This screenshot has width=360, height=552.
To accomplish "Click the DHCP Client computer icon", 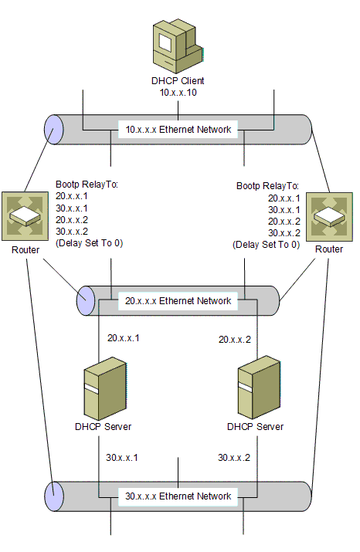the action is point(178,46).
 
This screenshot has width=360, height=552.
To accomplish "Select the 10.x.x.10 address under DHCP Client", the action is point(178,93).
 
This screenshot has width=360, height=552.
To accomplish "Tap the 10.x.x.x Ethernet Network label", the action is point(178,130).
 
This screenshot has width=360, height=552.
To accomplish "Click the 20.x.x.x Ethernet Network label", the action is point(178,301).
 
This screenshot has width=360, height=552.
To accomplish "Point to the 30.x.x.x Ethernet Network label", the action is point(178,496).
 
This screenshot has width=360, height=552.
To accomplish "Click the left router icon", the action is point(25,216).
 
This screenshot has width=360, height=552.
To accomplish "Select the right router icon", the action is point(329,216).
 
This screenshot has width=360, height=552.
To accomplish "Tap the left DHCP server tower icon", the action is point(105,388).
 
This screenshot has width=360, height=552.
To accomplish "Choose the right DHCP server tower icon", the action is point(259,388).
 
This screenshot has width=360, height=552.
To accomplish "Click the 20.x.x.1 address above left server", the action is point(124,338).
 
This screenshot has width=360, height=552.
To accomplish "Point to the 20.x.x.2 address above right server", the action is point(235,340).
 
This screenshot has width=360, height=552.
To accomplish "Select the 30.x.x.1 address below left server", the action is point(122,458).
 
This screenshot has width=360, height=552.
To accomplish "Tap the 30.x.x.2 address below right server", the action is point(234,458).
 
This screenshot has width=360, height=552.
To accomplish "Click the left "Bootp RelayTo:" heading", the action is point(87,185).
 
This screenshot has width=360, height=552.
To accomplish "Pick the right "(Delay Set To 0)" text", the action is point(267,245).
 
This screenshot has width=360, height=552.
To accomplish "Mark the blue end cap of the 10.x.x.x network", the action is point(53,130).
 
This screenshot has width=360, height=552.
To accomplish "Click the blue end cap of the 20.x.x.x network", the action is point(86,300).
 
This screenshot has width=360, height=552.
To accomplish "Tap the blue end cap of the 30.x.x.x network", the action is point(54,496).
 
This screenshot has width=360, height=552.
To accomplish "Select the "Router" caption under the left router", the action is point(25,250).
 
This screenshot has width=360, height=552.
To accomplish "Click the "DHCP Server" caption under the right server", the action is point(256,427).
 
